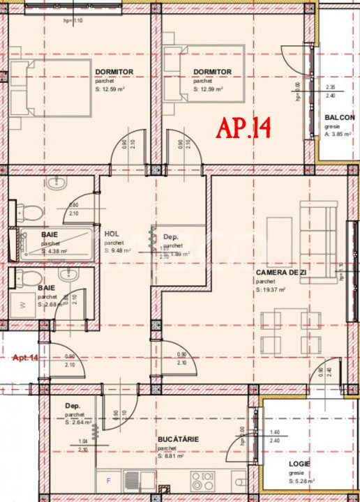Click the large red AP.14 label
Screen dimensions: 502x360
243,128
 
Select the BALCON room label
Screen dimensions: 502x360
340,118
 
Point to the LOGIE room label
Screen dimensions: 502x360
299,463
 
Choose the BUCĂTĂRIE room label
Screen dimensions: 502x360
178,439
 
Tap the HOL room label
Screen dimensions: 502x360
111,234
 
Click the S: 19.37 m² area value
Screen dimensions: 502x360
272,289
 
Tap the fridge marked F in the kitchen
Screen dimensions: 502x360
107,480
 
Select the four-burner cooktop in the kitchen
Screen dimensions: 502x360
202,480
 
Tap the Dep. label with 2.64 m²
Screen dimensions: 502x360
73,406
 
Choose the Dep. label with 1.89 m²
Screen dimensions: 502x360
172,237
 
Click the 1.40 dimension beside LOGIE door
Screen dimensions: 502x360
275,433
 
